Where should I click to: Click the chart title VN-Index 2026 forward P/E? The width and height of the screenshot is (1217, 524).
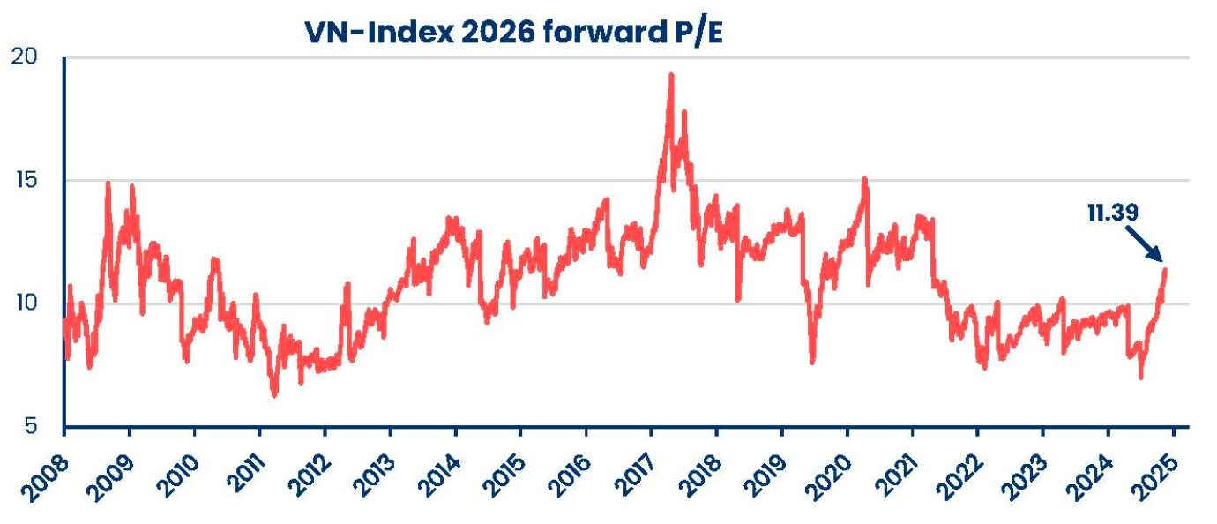tap(512, 33)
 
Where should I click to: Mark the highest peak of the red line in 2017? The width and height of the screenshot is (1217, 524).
tap(671, 75)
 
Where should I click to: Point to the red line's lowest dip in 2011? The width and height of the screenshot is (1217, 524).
tap(274, 395)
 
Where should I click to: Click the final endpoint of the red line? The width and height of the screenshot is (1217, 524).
tap(1165, 270)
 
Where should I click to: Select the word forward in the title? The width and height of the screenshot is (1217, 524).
tap(594, 33)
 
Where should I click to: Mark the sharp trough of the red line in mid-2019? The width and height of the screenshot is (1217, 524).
tap(812, 362)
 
